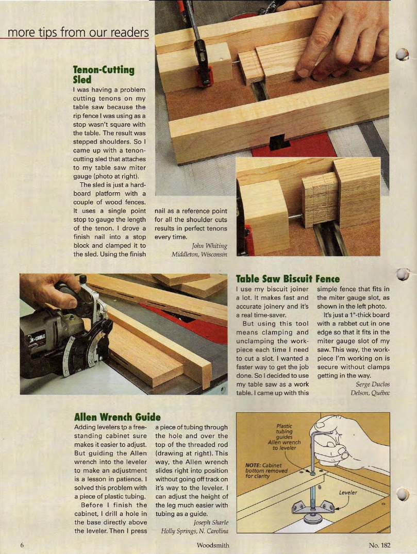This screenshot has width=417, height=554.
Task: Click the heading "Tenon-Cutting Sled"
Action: [103, 74]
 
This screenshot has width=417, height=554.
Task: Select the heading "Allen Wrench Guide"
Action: [118, 416]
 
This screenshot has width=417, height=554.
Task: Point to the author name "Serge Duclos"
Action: [373, 383]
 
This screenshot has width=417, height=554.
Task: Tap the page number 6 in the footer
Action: [22, 545]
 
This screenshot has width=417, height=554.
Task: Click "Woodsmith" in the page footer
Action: [213, 545]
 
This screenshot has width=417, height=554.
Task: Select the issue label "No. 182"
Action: [379, 545]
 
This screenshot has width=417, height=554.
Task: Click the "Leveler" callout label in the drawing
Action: [348, 492]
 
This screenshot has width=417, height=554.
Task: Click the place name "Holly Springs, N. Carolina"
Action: [194, 531]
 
